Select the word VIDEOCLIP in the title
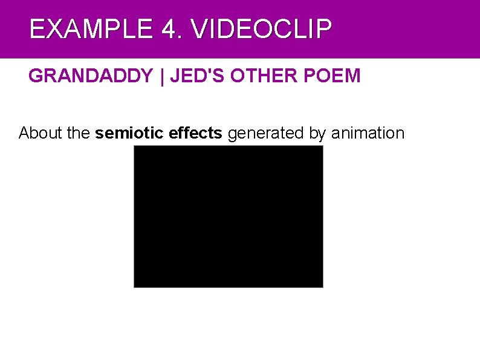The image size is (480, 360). [262, 29]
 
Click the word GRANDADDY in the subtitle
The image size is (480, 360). [91, 76]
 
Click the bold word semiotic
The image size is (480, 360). [130, 133]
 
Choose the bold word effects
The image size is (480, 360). [196, 133]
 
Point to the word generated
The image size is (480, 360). [266, 133]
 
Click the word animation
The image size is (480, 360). [368, 133]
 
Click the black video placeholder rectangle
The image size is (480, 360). [229, 216]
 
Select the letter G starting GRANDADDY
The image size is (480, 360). [35, 76]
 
